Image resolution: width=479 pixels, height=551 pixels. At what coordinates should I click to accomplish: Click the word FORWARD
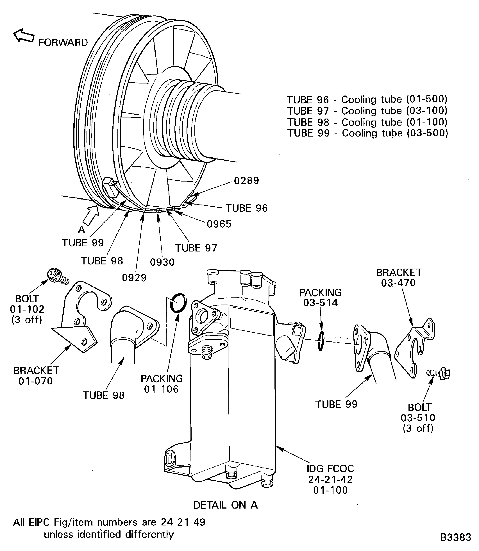pyautogui.click(x=63, y=42)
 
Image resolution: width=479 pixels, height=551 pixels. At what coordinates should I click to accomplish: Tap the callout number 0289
pyautogui.click(x=246, y=181)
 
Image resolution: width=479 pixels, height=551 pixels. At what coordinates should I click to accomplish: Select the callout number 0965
pyautogui.click(x=219, y=224)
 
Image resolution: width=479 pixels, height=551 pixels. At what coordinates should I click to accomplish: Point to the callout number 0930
pyautogui.click(x=162, y=262)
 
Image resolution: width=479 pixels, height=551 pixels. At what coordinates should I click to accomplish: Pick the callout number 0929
pyautogui.click(x=134, y=278)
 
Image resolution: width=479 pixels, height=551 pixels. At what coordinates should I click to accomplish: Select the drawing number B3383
pyautogui.click(x=455, y=537)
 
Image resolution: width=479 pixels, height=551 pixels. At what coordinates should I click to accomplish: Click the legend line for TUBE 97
pyautogui.click(x=367, y=111)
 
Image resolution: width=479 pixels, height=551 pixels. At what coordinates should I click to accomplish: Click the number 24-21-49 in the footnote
pyautogui.click(x=183, y=522)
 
